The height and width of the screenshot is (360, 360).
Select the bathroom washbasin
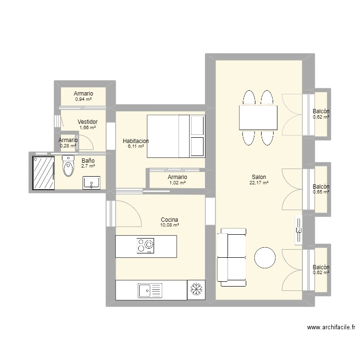91,183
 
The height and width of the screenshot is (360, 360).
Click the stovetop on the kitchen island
145,246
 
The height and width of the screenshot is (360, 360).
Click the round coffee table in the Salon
264,257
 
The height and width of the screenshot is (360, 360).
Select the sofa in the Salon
232,254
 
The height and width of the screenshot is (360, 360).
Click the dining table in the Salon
258,118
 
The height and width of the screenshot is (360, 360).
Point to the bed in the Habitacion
176,136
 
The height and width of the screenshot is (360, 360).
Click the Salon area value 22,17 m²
258,183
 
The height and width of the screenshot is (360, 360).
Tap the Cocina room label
169,219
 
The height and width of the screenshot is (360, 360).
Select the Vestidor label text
87,122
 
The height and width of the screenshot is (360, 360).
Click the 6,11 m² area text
135,146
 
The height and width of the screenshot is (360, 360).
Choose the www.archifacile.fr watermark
331,327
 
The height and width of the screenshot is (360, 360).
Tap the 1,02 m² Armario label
177,183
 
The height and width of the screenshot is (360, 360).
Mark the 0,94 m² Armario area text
83,99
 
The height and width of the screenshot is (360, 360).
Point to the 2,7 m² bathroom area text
88,166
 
